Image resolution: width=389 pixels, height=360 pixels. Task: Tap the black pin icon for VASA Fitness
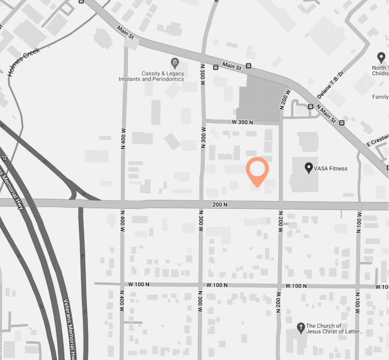309,167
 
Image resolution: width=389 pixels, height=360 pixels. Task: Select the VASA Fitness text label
331,168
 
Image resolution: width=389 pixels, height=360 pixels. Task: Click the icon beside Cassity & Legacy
175,63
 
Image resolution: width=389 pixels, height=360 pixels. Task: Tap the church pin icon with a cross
300,327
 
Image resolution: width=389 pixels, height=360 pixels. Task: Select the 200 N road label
220,205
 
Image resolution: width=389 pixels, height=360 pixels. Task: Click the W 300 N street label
242,122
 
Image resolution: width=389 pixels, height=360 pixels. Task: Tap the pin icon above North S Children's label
381,57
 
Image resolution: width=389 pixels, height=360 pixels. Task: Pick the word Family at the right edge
380,97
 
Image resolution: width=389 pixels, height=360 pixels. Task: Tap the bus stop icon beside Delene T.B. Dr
310,107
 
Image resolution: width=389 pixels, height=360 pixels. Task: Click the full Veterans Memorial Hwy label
70,328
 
